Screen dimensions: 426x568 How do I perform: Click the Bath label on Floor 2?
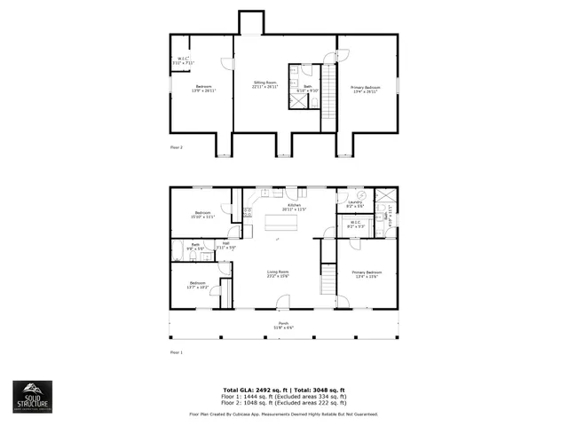307,88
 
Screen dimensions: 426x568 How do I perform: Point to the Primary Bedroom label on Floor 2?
366,88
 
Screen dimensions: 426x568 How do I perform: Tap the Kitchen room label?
294,209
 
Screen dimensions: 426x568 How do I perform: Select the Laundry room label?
355,204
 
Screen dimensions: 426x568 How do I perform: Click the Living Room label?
279,273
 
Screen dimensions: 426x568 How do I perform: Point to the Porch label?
284,325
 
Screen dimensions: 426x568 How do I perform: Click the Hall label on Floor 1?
226,245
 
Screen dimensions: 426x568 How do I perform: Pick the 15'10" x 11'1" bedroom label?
203,215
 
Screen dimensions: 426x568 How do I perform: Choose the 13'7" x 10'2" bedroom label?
197,285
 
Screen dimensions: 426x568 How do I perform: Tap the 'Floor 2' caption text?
176,147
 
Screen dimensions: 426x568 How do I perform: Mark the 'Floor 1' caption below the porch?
176,352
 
